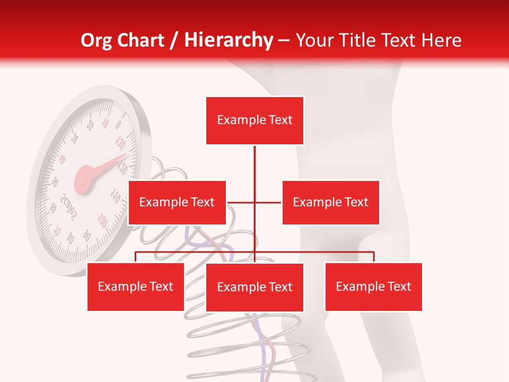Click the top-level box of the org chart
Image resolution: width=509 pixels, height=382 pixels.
[x=254, y=120]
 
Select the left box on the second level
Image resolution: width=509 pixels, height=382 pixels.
[x=177, y=202]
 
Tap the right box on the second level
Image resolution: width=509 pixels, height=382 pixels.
[x=330, y=202]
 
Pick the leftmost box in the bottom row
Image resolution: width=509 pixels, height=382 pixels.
[x=136, y=286]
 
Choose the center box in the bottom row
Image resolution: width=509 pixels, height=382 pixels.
[x=254, y=287]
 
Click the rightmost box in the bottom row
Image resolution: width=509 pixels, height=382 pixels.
[x=373, y=286]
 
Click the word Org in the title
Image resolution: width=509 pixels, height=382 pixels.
[x=94, y=40]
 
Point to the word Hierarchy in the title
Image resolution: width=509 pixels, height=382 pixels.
[x=228, y=40]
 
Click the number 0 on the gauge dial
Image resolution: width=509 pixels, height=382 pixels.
[x=118, y=125]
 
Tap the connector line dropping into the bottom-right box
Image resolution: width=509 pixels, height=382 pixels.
[x=374, y=257]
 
